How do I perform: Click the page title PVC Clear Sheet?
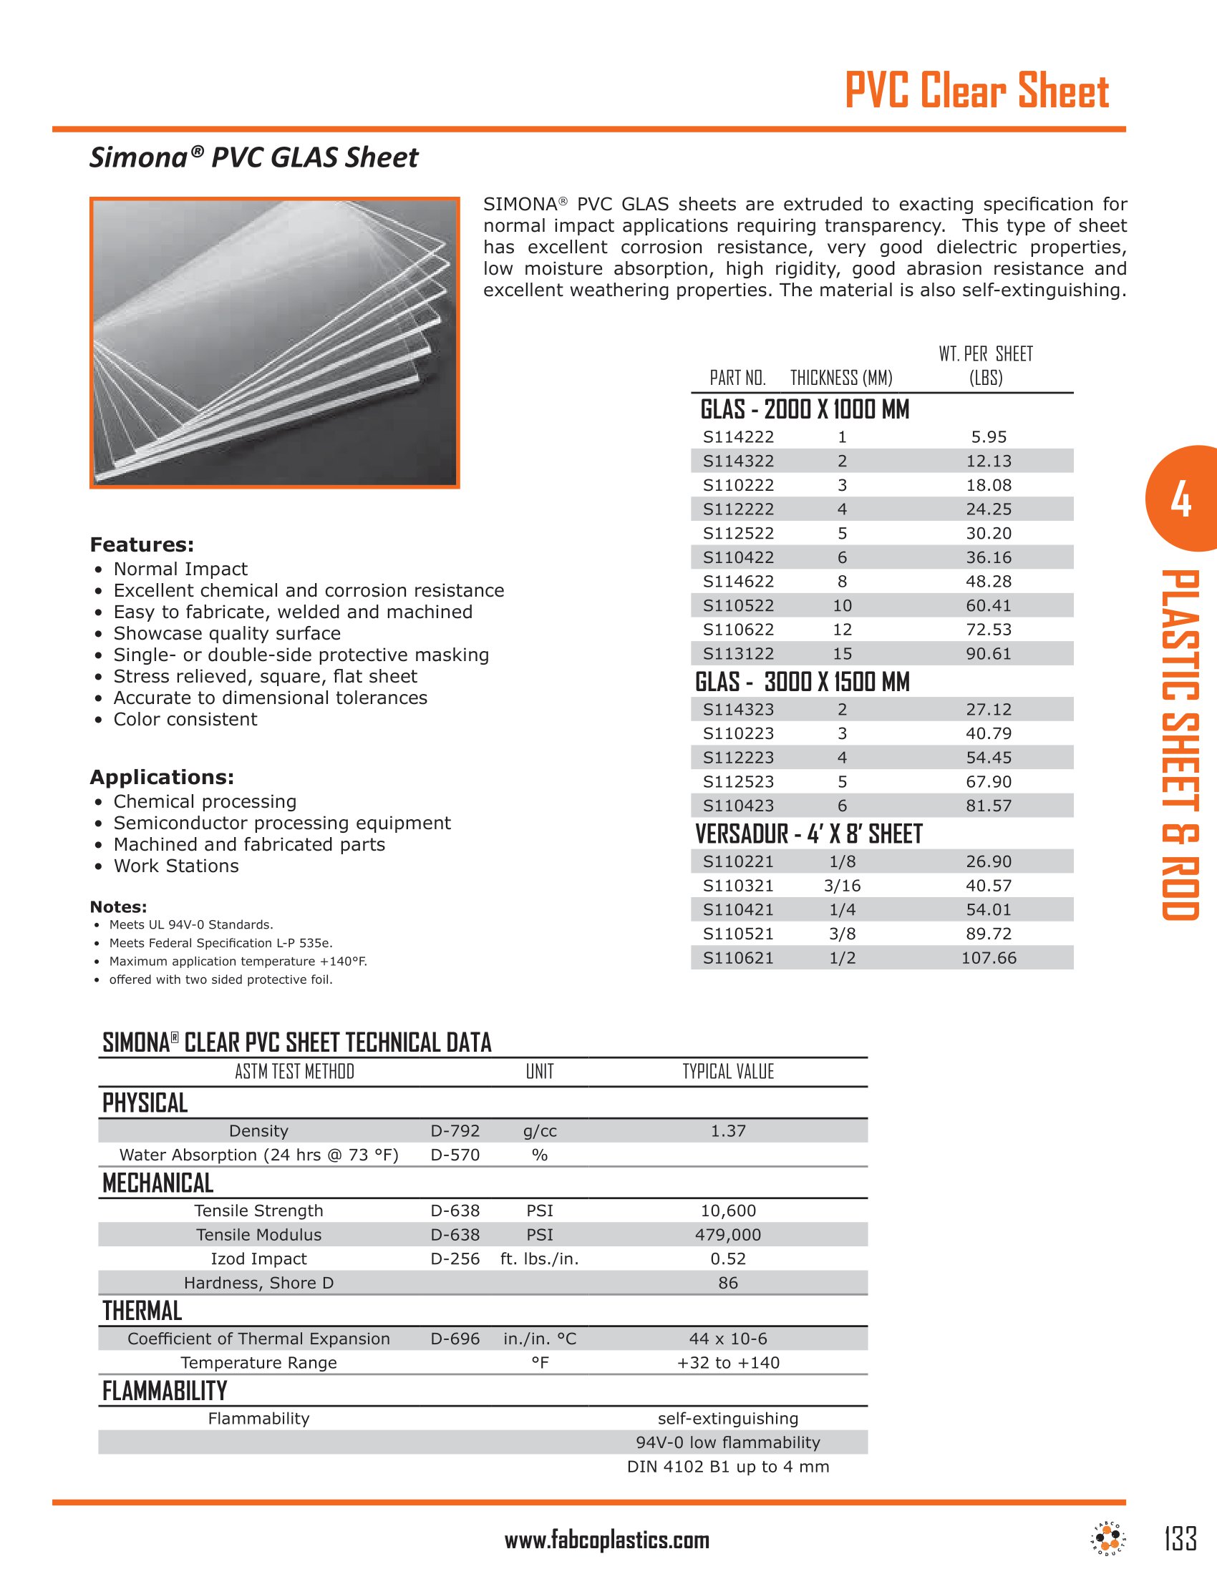976,92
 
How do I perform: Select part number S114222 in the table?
738,436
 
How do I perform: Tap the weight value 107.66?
989,958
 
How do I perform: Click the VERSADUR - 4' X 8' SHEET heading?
808,834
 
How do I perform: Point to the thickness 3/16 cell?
841,886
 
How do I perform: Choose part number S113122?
738,654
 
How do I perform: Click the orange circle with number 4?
1180,499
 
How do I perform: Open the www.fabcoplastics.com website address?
607,1540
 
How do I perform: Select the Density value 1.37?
727,1130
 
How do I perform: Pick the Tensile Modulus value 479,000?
727,1235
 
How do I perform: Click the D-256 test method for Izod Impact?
455,1258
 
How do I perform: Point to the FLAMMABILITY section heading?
165,1390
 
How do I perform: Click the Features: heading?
142,544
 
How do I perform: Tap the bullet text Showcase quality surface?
226,633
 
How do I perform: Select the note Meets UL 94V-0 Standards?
191,924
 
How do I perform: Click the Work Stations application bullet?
176,866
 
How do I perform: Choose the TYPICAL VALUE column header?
727,1072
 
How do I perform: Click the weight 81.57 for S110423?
989,806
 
